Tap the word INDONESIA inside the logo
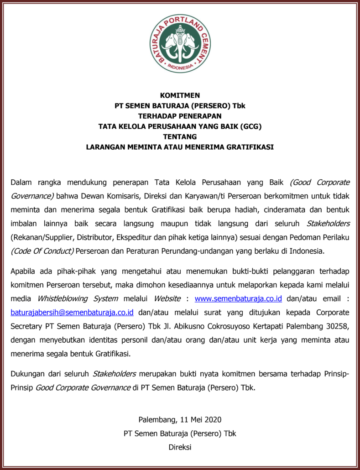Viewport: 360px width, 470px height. [180, 67]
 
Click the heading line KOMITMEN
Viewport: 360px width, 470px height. [180, 95]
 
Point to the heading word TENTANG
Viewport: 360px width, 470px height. [180, 136]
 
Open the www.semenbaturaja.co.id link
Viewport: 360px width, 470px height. [238, 299]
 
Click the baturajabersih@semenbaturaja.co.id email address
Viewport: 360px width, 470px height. [72, 313]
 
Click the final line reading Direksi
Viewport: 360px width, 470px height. [180, 447]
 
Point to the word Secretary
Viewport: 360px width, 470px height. [26, 326]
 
